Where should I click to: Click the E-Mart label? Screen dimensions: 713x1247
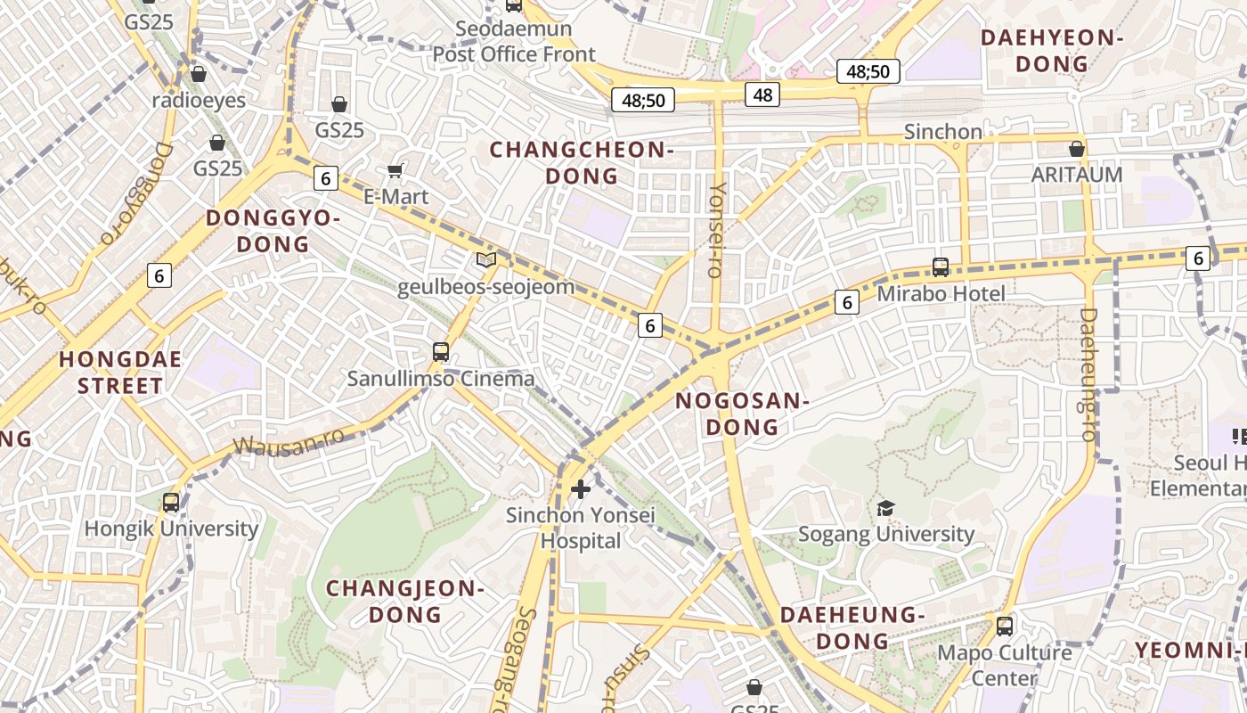tap(396, 196)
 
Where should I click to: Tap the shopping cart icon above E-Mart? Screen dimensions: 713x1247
tap(395, 170)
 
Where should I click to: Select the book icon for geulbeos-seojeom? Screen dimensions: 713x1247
tap(485, 260)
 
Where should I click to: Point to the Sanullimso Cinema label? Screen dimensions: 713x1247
tap(441, 379)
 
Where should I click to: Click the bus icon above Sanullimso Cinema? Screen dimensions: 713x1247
tap(441, 351)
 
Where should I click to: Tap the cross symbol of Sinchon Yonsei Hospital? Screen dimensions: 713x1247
tap(581, 488)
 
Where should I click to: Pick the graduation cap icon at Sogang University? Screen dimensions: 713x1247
tap(885, 508)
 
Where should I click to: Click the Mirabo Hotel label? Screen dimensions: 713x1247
tap(941, 293)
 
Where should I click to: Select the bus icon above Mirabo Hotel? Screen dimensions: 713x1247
tap(941, 266)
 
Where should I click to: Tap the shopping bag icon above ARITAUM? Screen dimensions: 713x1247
tap(1077, 149)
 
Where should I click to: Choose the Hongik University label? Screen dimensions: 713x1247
tap(171, 529)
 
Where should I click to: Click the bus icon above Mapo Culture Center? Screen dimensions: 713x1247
tap(1005, 626)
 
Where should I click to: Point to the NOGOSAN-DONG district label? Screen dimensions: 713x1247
tap(742, 414)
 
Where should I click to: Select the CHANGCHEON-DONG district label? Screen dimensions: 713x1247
tap(582, 162)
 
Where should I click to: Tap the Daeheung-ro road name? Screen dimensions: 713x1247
tap(1088, 374)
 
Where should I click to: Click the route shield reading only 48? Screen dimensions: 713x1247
tap(762, 94)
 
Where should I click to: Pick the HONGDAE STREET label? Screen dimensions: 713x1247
tap(120, 373)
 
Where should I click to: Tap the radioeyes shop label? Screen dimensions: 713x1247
tap(198, 100)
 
